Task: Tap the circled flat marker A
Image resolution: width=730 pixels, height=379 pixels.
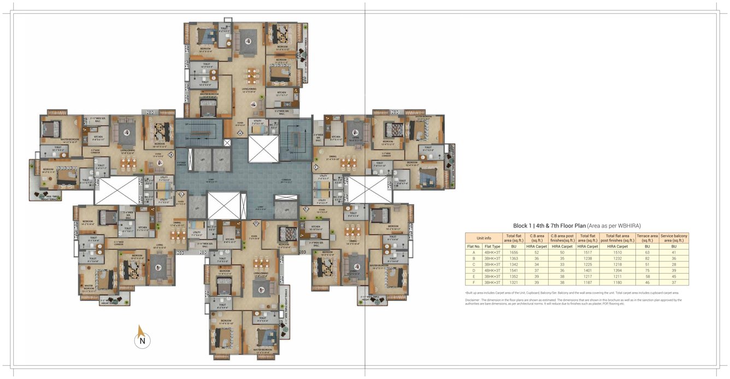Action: [x=239, y=133]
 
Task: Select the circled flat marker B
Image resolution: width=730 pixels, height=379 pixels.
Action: [x=171, y=155]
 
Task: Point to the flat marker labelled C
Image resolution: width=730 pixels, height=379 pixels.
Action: [x=182, y=193]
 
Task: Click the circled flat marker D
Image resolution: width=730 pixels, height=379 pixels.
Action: [x=256, y=223]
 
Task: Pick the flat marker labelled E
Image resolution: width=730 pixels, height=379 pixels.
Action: [x=306, y=209]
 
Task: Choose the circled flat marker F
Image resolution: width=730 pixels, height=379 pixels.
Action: [x=315, y=166]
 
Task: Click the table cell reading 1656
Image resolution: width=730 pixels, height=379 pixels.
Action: [x=514, y=253]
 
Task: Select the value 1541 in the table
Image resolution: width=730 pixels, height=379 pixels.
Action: [x=514, y=271]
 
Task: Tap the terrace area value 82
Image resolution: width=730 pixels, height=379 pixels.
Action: [x=647, y=259]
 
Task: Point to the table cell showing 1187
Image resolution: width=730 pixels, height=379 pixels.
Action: [x=587, y=283]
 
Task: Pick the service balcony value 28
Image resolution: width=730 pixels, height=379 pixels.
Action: [x=674, y=265]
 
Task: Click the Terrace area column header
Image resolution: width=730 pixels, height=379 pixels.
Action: [x=647, y=238]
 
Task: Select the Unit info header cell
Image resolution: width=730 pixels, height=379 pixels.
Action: [x=484, y=238]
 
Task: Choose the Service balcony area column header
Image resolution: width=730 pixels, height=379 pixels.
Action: [x=674, y=238]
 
